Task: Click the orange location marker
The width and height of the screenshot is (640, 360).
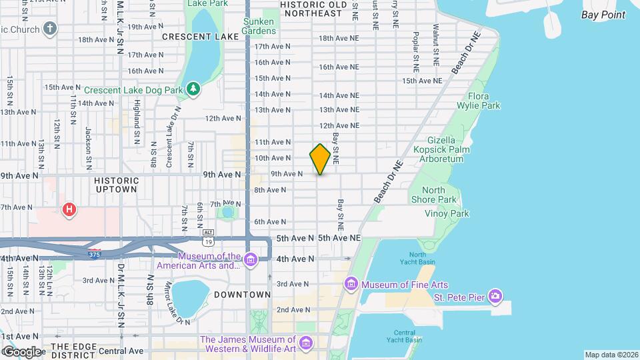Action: point(320,159)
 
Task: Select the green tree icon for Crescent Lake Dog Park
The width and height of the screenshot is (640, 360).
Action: point(193,89)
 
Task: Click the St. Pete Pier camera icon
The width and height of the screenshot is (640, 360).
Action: point(495,295)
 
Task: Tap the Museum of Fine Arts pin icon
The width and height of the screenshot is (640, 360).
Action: point(351,285)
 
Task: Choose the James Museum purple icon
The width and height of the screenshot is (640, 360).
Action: point(306,343)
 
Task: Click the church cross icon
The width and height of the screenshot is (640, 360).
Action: point(50,28)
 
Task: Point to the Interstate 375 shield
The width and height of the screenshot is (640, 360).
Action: point(94,253)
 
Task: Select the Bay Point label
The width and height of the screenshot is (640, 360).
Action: point(603,15)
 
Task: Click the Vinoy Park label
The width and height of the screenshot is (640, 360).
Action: point(447,213)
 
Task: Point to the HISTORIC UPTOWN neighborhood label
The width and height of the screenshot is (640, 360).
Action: point(117,185)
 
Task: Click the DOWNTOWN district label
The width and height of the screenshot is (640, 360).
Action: point(243,294)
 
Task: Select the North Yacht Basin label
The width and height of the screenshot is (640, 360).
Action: point(417,259)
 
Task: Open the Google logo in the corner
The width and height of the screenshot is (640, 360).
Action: point(22,351)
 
